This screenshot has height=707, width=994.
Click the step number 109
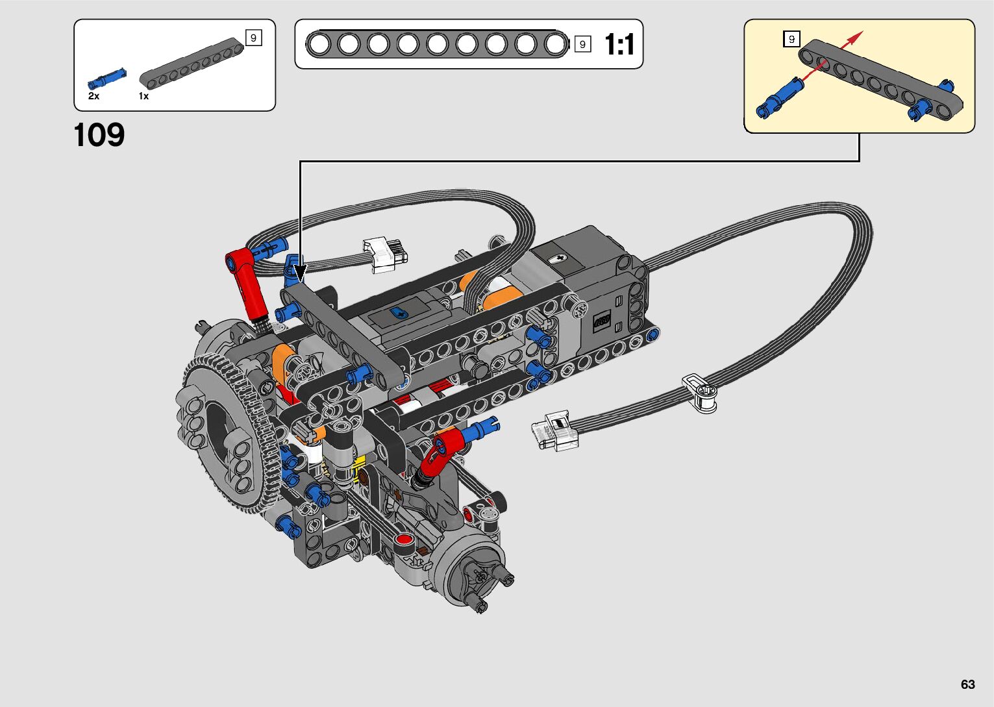pos(99,135)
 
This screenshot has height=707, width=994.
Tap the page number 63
pos(968,684)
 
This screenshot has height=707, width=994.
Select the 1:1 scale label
pos(619,44)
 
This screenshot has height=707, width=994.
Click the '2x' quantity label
pos(93,96)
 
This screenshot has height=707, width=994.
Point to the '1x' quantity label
pos(143,96)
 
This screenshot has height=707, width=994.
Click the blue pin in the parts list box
pos(107,79)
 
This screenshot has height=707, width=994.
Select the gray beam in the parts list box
pos(192,63)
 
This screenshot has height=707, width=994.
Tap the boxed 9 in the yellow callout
pos(791,39)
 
